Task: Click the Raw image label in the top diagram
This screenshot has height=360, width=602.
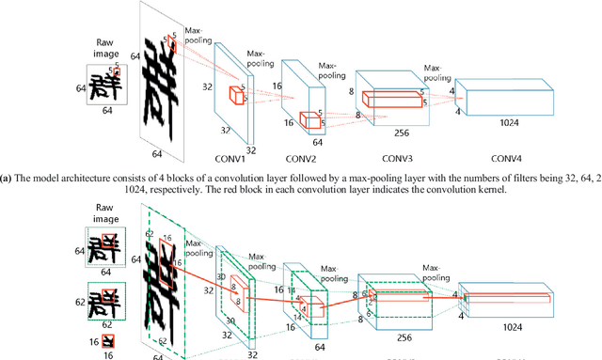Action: click(x=105, y=49)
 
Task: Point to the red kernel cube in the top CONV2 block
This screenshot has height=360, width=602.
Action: click(x=309, y=119)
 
